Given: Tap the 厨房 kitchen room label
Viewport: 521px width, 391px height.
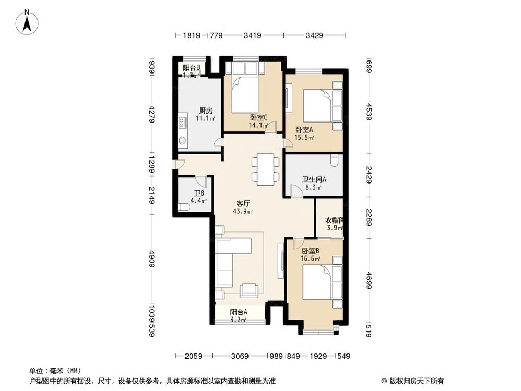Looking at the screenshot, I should pyautogui.click(x=205, y=111).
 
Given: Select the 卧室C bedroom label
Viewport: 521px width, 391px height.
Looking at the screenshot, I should pyautogui.click(x=258, y=117).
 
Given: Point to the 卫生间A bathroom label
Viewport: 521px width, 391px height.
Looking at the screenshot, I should pyautogui.click(x=314, y=180).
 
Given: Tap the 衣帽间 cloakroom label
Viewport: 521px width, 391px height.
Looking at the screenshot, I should pyautogui.click(x=333, y=220).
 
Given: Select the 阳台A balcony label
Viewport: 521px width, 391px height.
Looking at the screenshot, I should pyautogui.click(x=239, y=312).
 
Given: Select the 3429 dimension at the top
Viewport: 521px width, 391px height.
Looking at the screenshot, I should pyautogui.click(x=315, y=35).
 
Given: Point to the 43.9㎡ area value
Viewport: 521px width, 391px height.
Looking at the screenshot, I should pyautogui.click(x=243, y=211).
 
